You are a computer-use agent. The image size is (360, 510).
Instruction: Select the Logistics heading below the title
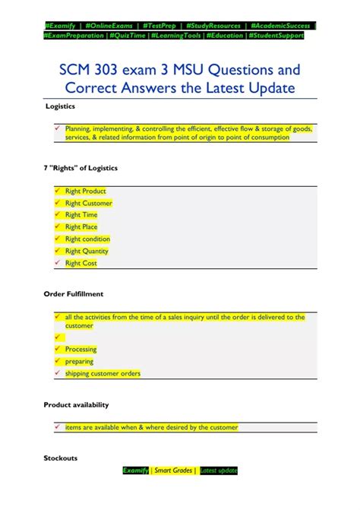tap(59, 106)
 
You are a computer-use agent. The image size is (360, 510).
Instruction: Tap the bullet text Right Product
tap(85, 191)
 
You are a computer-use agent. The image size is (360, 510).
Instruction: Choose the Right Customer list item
tap(88, 203)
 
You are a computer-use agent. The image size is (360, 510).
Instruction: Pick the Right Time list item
tap(81, 215)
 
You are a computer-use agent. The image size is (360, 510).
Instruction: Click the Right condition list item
tap(87, 239)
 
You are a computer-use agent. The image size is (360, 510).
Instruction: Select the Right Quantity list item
tap(87, 251)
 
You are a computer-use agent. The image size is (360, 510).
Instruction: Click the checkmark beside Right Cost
tap(57, 263)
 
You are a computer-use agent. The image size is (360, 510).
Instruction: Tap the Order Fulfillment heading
tap(73, 293)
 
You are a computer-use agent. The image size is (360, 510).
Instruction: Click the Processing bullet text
tap(81, 349)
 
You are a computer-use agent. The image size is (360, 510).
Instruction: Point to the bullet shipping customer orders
tap(103, 373)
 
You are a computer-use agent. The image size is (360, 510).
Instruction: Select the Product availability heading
tap(76, 404)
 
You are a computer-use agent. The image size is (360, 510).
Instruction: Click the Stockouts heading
tap(60, 458)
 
